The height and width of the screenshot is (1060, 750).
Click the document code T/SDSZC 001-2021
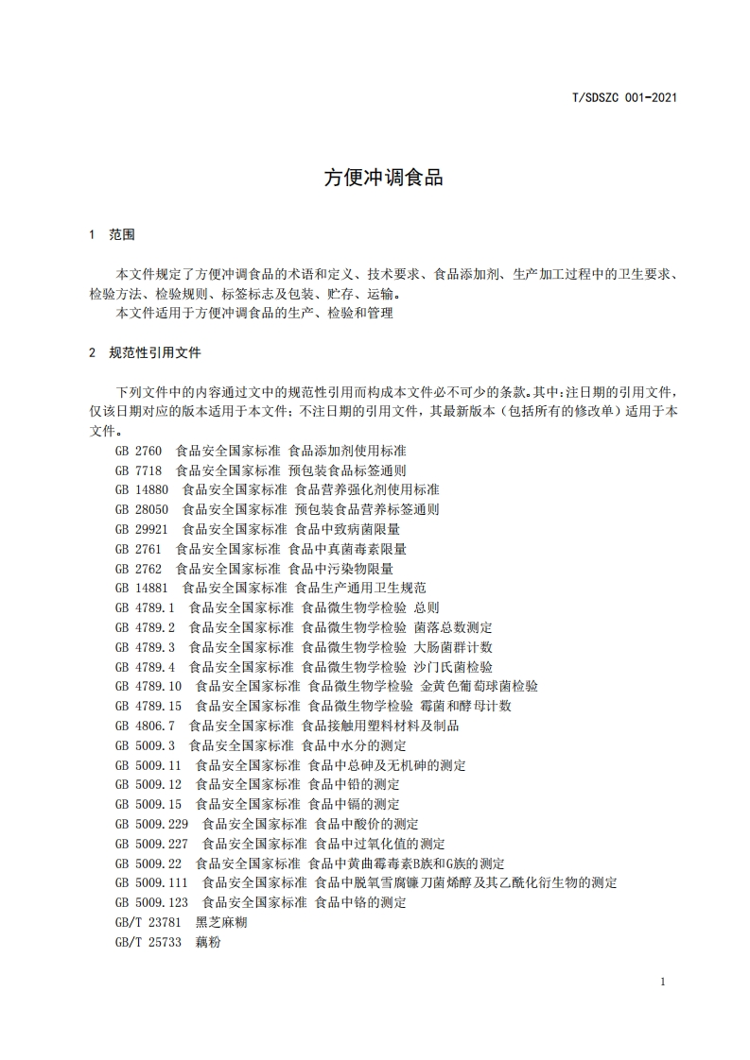(x=625, y=96)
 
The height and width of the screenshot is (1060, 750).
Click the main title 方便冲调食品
(x=383, y=178)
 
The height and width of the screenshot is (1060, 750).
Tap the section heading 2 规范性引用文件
(x=144, y=352)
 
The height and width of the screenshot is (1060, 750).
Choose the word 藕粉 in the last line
(x=208, y=942)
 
